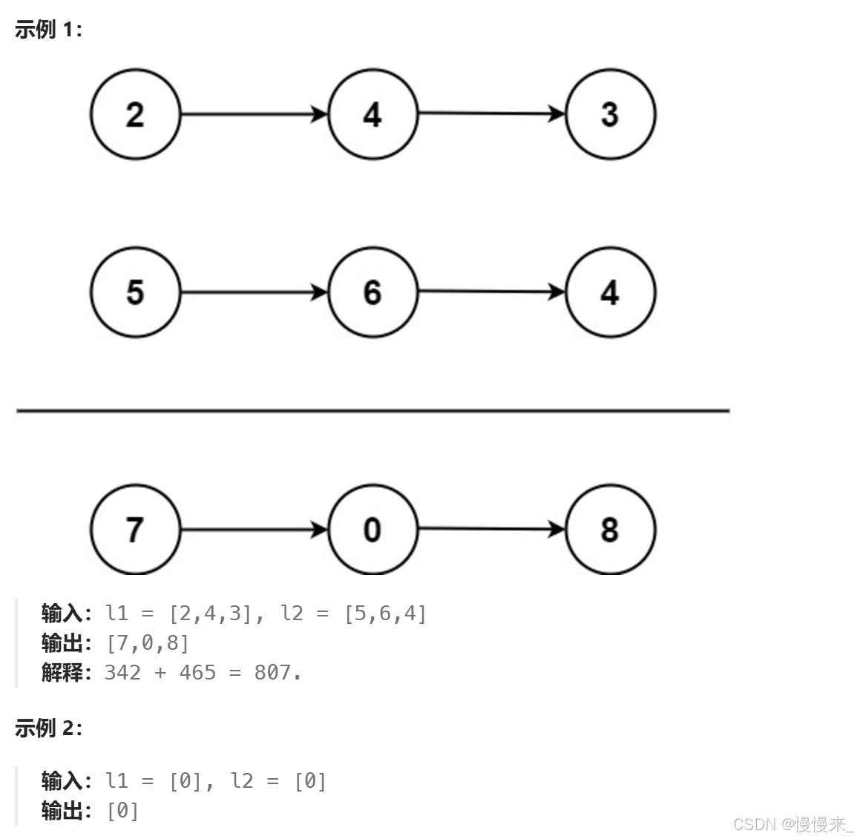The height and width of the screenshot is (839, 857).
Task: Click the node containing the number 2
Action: click(x=135, y=114)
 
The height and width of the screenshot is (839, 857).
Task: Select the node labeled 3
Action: click(x=610, y=114)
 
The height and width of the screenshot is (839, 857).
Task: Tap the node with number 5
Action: click(x=135, y=292)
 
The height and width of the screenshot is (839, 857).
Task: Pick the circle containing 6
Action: click(x=372, y=292)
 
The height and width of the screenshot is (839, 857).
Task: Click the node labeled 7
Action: click(x=135, y=530)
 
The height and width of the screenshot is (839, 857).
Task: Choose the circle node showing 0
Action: click(x=372, y=530)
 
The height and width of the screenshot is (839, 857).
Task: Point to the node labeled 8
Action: click(x=610, y=530)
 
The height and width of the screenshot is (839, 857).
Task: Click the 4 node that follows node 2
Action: click(x=372, y=114)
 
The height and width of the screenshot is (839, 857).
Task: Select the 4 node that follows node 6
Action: click(x=610, y=292)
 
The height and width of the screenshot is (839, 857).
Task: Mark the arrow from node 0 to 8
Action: click(x=491, y=529)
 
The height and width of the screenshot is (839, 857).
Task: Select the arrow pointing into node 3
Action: click(x=491, y=113)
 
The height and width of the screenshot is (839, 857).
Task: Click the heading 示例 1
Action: click(x=48, y=30)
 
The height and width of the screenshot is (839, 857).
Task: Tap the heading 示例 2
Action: click(x=48, y=728)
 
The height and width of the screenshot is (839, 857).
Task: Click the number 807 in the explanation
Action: click(x=272, y=672)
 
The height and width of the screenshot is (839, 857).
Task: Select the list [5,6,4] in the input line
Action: click(x=385, y=613)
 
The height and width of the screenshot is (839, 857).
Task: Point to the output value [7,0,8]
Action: click(x=148, y=642)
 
